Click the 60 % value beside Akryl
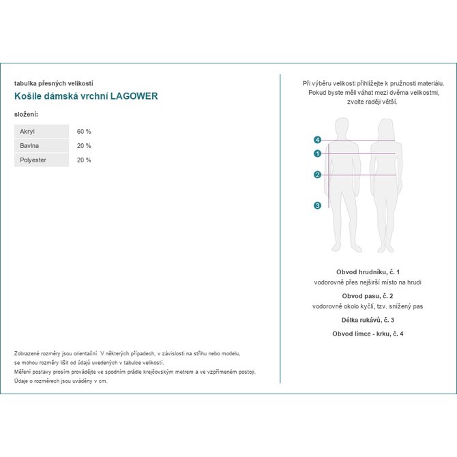coord(84,131)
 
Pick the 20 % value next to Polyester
coord(84,160)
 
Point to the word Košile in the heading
coord(27,96)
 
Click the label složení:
coord(26,113)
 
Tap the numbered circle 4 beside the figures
coord(318,140)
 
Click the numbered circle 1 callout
coord(318,153)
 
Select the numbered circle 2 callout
coord(318,175)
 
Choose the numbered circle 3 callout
coord(318,205)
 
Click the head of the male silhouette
coord(342,127)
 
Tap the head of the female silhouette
coord(385,128)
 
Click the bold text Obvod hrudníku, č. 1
coord(368,271)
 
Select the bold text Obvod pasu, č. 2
coord(368,296)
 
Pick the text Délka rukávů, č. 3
coord(368,320)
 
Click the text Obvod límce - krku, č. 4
coord(368,334)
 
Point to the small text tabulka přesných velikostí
coord(53,83)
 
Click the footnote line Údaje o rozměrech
coord(61,381)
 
